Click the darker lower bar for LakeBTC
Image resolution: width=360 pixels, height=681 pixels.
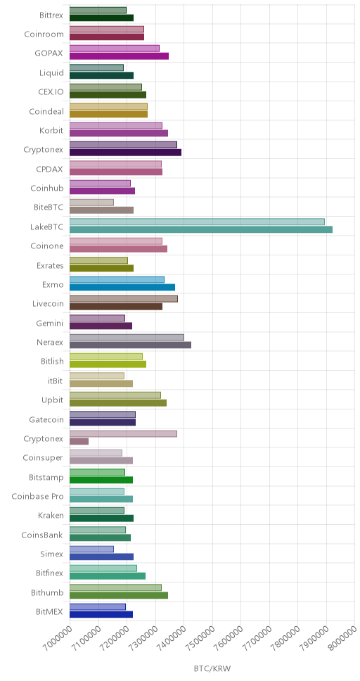tap(201, 229)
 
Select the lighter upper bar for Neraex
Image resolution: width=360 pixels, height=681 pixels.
tap(127, 337)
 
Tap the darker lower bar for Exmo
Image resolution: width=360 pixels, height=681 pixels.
tap(122, 287)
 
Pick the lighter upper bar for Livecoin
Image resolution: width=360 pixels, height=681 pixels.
tap(123, 299)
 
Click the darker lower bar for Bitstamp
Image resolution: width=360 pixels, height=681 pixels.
tap(101, 480)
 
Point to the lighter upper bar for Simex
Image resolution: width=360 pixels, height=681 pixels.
tap(91, 549)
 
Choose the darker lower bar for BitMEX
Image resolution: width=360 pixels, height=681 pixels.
tap(101, 614)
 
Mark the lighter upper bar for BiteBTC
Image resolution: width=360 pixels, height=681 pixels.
tap(91, 203)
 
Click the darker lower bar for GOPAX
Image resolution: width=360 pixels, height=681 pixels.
tap(119, 56)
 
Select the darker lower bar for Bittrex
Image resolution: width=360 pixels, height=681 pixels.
tap(102, 18)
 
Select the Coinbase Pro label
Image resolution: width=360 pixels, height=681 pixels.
tap(37, 497)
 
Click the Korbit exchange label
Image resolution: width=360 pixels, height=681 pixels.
tap(51, 130)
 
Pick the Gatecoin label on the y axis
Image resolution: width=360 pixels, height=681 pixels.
tap(46, 419)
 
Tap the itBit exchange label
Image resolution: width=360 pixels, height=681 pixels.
tap(55, 381)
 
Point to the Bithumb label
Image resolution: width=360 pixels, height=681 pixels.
tap(47, 593)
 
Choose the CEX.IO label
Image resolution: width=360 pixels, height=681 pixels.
tap(51, 92)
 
